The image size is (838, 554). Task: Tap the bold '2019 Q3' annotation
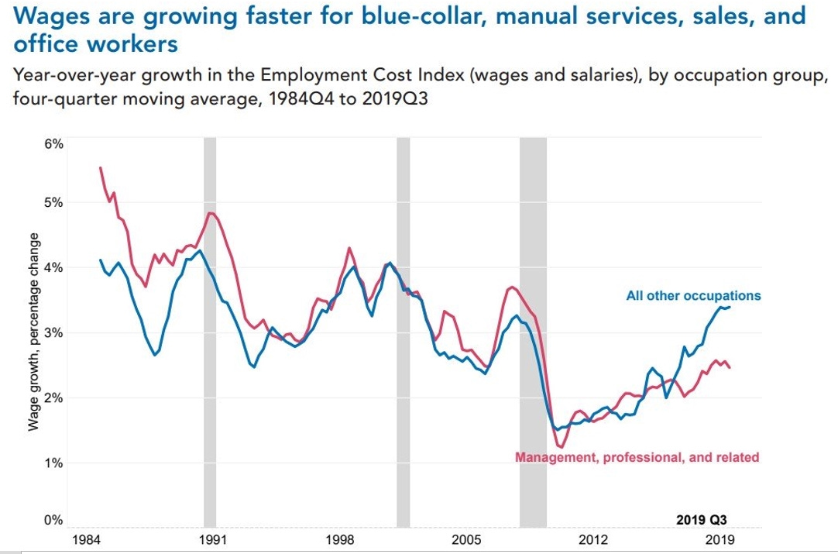point(701,520)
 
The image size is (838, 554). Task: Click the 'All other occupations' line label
point(693,295)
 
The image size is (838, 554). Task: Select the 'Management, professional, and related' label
point(637,457)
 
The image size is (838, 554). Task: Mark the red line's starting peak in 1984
point(101,167)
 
